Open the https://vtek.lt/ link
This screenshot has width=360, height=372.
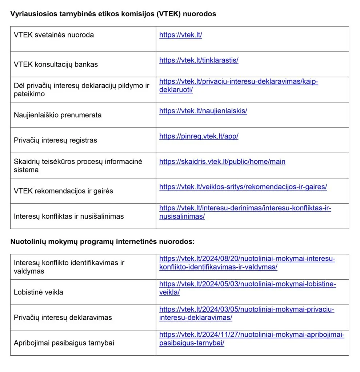click(x=180, y=35)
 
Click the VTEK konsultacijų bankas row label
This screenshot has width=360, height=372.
click(x=56, y=65)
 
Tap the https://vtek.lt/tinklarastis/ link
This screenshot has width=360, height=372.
click(x=199, y=60)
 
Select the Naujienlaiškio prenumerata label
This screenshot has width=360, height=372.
click(x=57, y=115)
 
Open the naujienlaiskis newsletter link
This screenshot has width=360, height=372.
click(x=203, y=111)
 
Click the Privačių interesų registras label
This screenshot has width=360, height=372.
click(x=55, y=140)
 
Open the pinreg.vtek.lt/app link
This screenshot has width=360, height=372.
click(x=199, y=137)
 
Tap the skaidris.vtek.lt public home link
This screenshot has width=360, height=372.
click(x=222, y=162)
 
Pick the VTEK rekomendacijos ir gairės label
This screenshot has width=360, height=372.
click(x=63, y=191)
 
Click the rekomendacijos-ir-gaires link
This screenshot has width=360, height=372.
click(x=243, y=187)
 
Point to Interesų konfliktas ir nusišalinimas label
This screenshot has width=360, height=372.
click(x=69, y=216)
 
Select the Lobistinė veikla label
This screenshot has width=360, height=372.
click(x=38, y=292)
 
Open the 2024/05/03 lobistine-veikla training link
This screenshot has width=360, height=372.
click(x=247, y=284)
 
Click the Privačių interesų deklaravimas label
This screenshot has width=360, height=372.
click(x=63, y=318)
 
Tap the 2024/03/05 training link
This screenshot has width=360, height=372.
click(x=247, y=310)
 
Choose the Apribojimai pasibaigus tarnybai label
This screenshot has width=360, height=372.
click(x=64, y=343)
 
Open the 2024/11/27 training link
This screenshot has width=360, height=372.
click(x=252, y=335)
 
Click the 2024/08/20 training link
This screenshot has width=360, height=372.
click(x=247, y=259)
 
